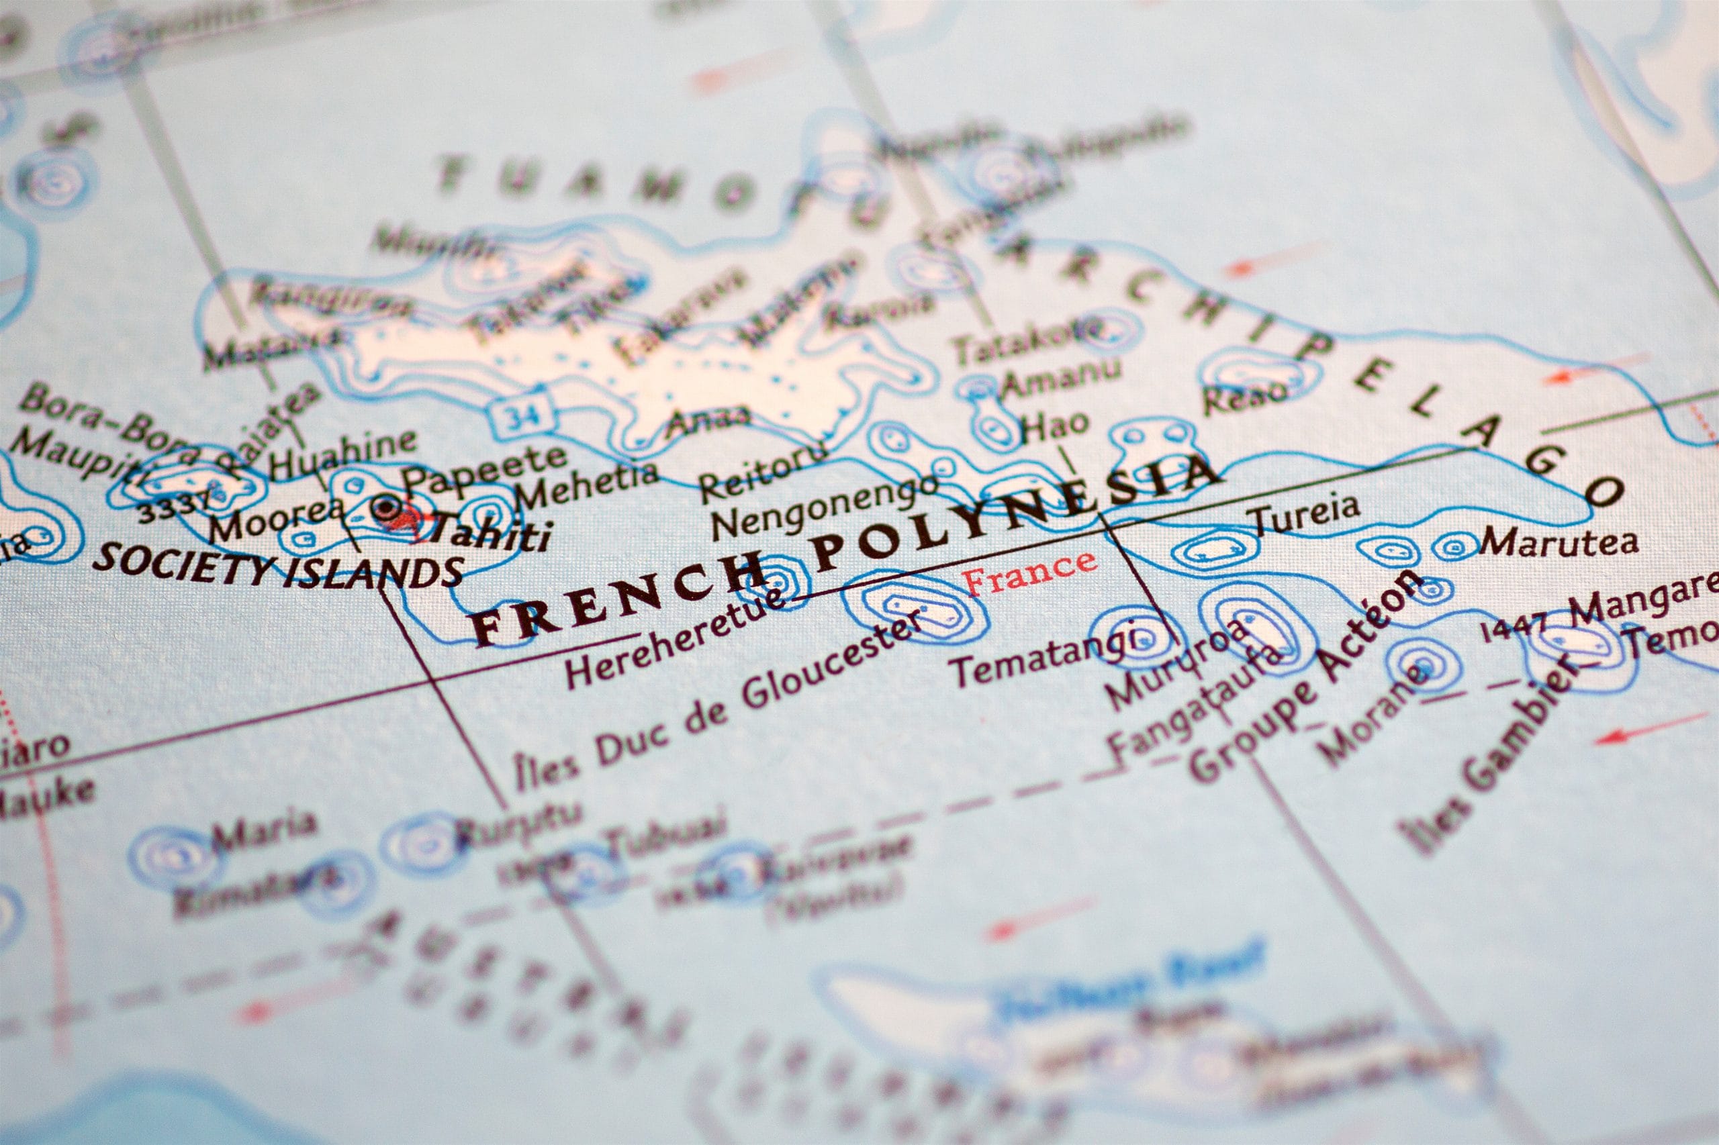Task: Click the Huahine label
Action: coord(342,450)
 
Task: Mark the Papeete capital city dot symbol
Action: coord(385,506)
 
